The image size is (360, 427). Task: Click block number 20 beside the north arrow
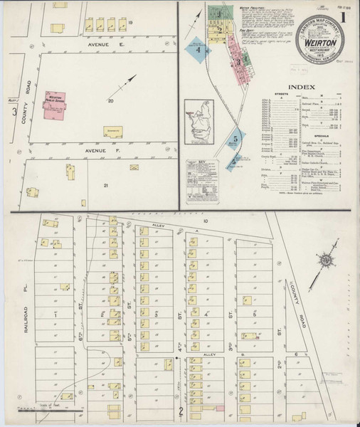click(x=110, y=102)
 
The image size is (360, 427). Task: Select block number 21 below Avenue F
click(x=105, y=186)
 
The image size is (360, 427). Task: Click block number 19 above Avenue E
click(x=131, y=24)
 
